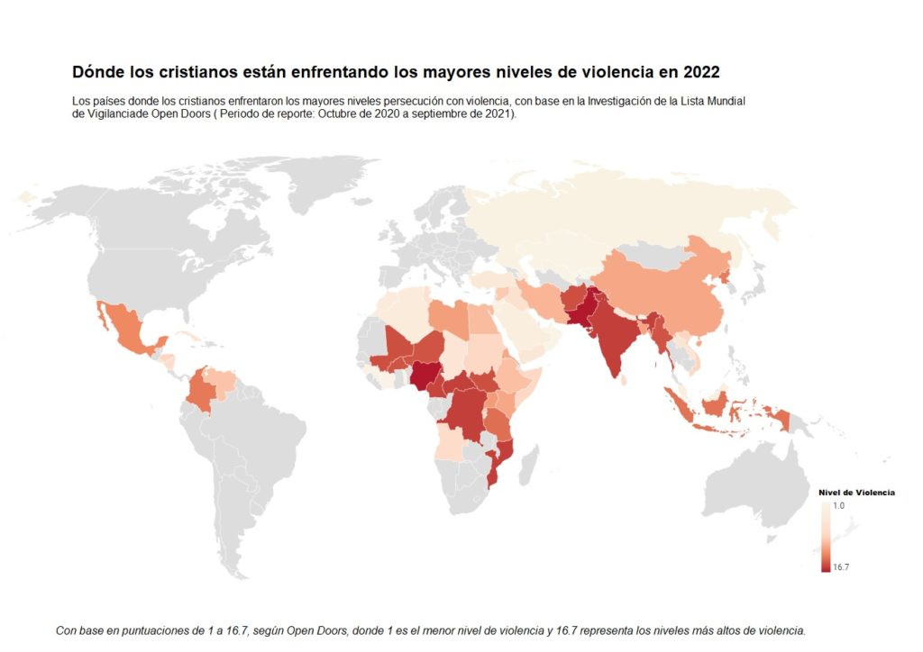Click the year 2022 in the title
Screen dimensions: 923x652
[x=701, y=72]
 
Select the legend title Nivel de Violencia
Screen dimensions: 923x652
[x=856, y=493]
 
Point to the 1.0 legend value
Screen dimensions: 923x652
[x=839, y=505]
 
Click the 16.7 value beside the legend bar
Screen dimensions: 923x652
[x=841, y=567]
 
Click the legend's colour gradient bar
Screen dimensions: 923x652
[x=826, y=537]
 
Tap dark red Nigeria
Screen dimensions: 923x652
[x=424, y=376]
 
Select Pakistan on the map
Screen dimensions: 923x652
[x=582, y=309]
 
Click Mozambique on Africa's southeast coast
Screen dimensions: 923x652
[x=501, y=461]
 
